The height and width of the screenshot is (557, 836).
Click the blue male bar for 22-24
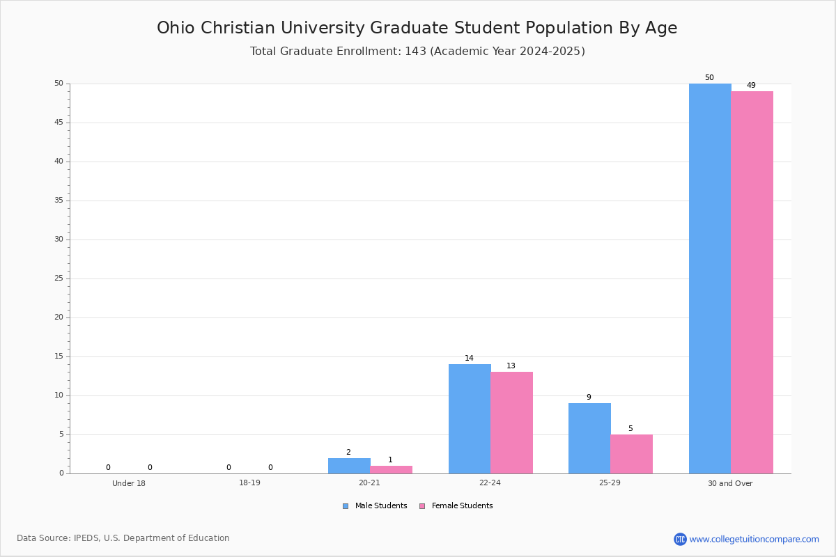[x=470, y=418]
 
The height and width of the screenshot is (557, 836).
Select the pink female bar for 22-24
[x=511, y=423]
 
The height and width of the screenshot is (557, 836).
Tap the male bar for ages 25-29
[x=589, y=439]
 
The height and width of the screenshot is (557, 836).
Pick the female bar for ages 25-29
[x=631, y=454]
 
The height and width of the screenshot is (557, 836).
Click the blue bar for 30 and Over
[x=710, y=278]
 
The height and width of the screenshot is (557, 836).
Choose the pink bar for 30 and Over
[x=752, y=283]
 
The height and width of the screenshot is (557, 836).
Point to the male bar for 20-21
[x=349, y=466]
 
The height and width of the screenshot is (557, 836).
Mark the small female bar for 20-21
[x=391, y=470]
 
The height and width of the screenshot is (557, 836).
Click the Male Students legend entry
[x=375, y=506]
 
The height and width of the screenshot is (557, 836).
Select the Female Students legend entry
[x=456, y=506]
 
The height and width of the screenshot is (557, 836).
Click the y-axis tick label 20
[x=59, y=317]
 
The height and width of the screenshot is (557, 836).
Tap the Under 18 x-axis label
[x=129, y=483]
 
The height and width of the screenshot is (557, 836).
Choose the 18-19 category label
[x=249, y=483]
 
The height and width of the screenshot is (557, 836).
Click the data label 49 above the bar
[x=751, y=85]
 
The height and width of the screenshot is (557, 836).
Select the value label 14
[x=469, y=358]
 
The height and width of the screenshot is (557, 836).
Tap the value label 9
[x=589, y=397]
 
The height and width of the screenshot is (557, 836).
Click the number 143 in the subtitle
[x=415, y=51]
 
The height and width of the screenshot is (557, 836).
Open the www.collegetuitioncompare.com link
[x=754, y=539]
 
